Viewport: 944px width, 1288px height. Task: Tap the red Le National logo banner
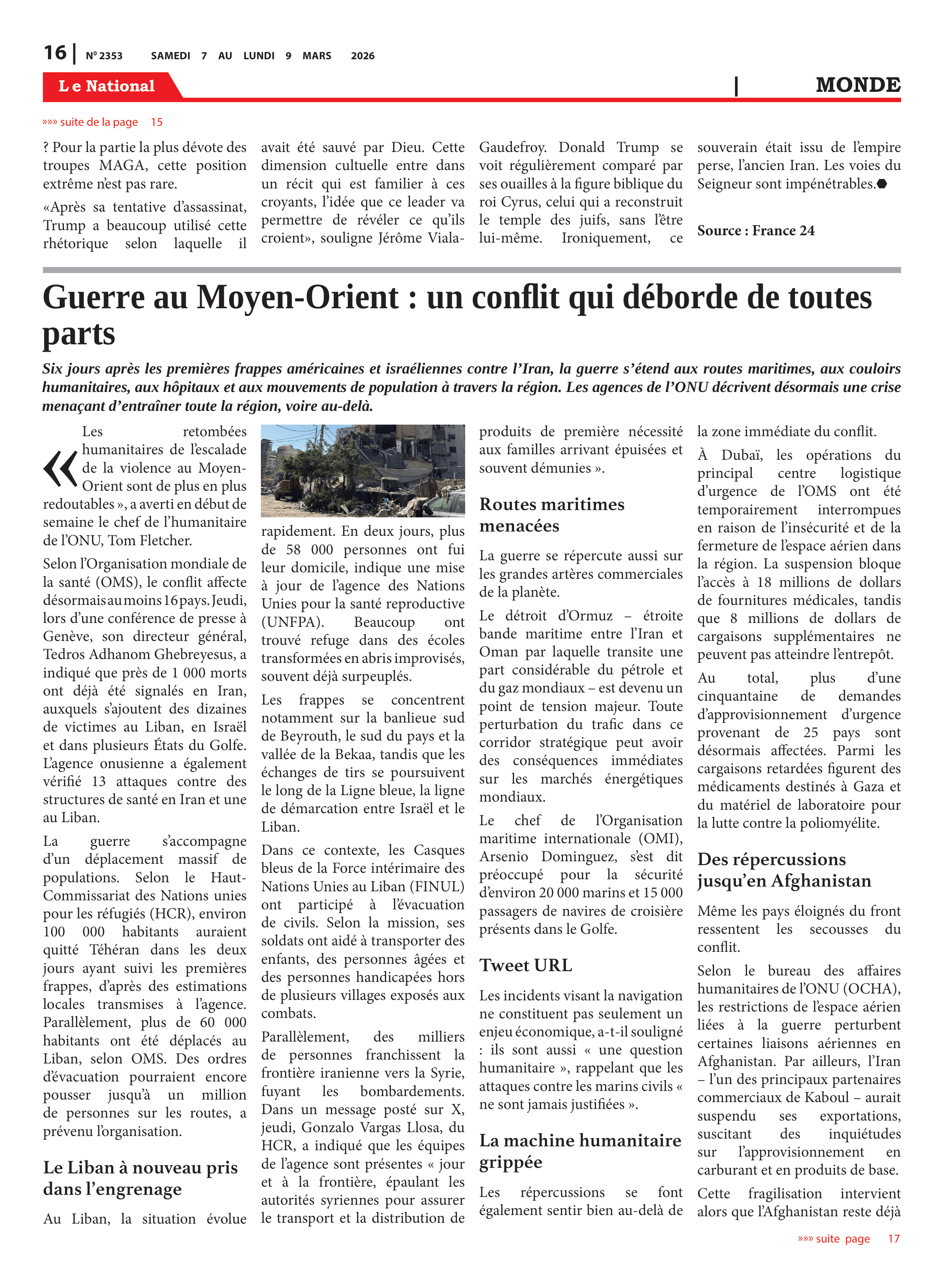[107, 86]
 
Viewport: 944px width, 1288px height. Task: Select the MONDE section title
[858, 85]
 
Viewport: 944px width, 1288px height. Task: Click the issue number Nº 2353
[104, 56]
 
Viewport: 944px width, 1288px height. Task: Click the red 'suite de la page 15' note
[103, 122]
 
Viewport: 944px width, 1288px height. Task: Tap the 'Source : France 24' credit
[756, 231]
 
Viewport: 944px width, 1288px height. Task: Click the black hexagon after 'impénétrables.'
[882, 183]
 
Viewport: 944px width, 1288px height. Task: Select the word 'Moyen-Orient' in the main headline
[298, 298]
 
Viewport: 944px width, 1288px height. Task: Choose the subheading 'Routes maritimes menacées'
[551, 514]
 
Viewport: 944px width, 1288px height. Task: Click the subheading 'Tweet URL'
[526, 966]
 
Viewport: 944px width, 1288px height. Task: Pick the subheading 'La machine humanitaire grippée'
[580, 1151]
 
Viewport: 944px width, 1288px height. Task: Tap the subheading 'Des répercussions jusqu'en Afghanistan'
[784, 869]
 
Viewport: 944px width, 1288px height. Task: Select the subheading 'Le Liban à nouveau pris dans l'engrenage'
[140, 1178]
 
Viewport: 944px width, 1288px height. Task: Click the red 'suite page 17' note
[849, 1238]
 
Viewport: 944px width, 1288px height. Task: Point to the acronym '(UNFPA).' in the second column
[293, 622]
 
